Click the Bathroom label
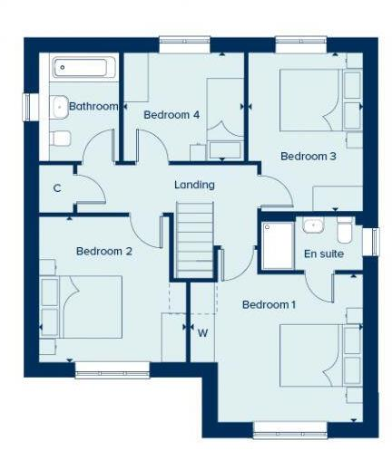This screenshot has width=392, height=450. [93, 107]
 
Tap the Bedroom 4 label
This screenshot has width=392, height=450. [171, 115]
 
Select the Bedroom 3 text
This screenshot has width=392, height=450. [308, 157]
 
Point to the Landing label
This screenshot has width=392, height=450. [194, 186]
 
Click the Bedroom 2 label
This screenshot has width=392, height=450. [104, 252]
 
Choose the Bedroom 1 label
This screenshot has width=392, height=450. [269, 304]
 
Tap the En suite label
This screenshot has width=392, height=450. [323, 254]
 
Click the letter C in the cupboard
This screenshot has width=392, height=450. [56, 188]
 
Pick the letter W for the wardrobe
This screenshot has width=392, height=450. [202, 332]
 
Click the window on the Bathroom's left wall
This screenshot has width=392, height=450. [28, 104]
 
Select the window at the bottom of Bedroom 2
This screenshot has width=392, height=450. [112, 369]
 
